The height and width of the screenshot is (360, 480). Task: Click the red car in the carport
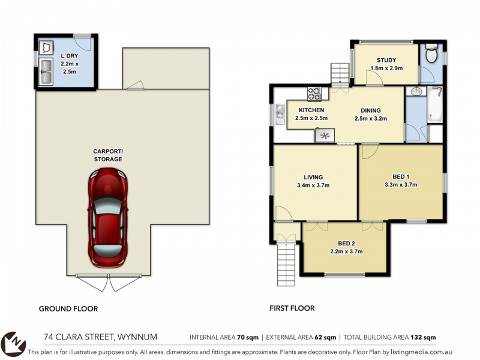[108, 217]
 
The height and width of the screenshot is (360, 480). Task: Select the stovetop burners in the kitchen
[314, 94]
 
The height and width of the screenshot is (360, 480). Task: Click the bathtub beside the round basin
[434, 104]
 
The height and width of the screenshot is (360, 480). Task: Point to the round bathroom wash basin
[416, 91]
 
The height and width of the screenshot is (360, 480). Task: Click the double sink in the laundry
[46, 71]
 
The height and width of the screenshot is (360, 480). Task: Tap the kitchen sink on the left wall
[280, 115]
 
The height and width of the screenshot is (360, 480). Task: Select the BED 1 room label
[401, 176]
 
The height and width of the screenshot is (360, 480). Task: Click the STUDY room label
[386, 61]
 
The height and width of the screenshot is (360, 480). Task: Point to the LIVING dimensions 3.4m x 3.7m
[313, 185]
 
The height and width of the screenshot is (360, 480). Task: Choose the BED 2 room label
[346, 244]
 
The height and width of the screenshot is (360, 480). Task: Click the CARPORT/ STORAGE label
[108, 155]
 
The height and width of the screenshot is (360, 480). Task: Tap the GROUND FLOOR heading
[68, 309]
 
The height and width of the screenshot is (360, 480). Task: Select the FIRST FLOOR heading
[292, 308]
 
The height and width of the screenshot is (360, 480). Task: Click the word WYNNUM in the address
[137, 337]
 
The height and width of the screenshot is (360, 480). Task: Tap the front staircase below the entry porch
[286, 263]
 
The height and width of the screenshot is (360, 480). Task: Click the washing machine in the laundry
[46, 48]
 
